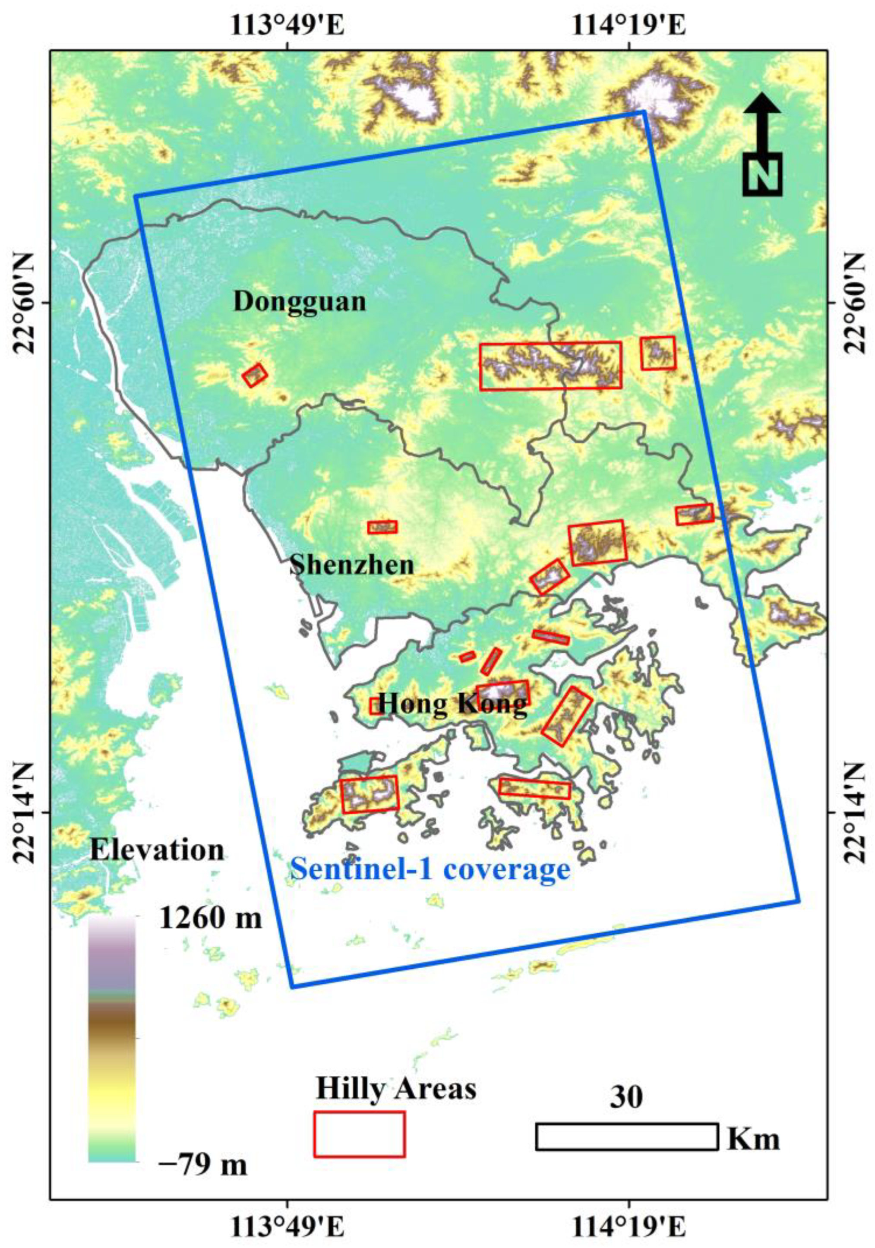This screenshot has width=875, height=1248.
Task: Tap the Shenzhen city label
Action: pyautogui.click(x=352, y=565)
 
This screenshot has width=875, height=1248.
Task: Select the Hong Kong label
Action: pyautogui.click(x=452, y=705)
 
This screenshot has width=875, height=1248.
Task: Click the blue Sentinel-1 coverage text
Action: pyautogui.click(x=430, y=869)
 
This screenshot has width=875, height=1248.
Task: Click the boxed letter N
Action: pyautogui.click(x=762, y=174)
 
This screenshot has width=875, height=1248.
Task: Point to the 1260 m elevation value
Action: pyautogui.click(x=210, y=919)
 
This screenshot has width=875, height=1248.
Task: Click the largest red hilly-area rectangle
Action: pyautogui.click(x=550, y=365)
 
